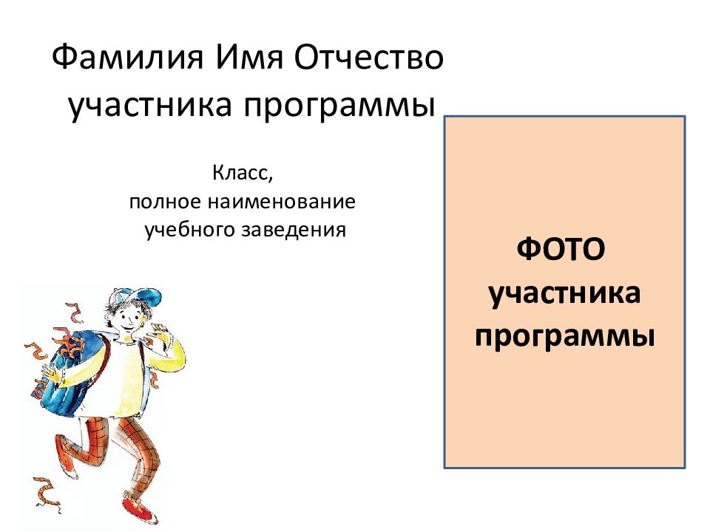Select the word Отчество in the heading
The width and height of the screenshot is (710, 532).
pyautogui.click(x=369, y=58)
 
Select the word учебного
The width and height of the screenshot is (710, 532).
pyautogui.click(x=189, y=229)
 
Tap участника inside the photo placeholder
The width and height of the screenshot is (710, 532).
pyautogui.click(x=564, y=294)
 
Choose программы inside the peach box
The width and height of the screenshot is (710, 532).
pyautogui.click(x=564, y=335)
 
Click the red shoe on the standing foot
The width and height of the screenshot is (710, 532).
pyautogui.click(x=136, y=507)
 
